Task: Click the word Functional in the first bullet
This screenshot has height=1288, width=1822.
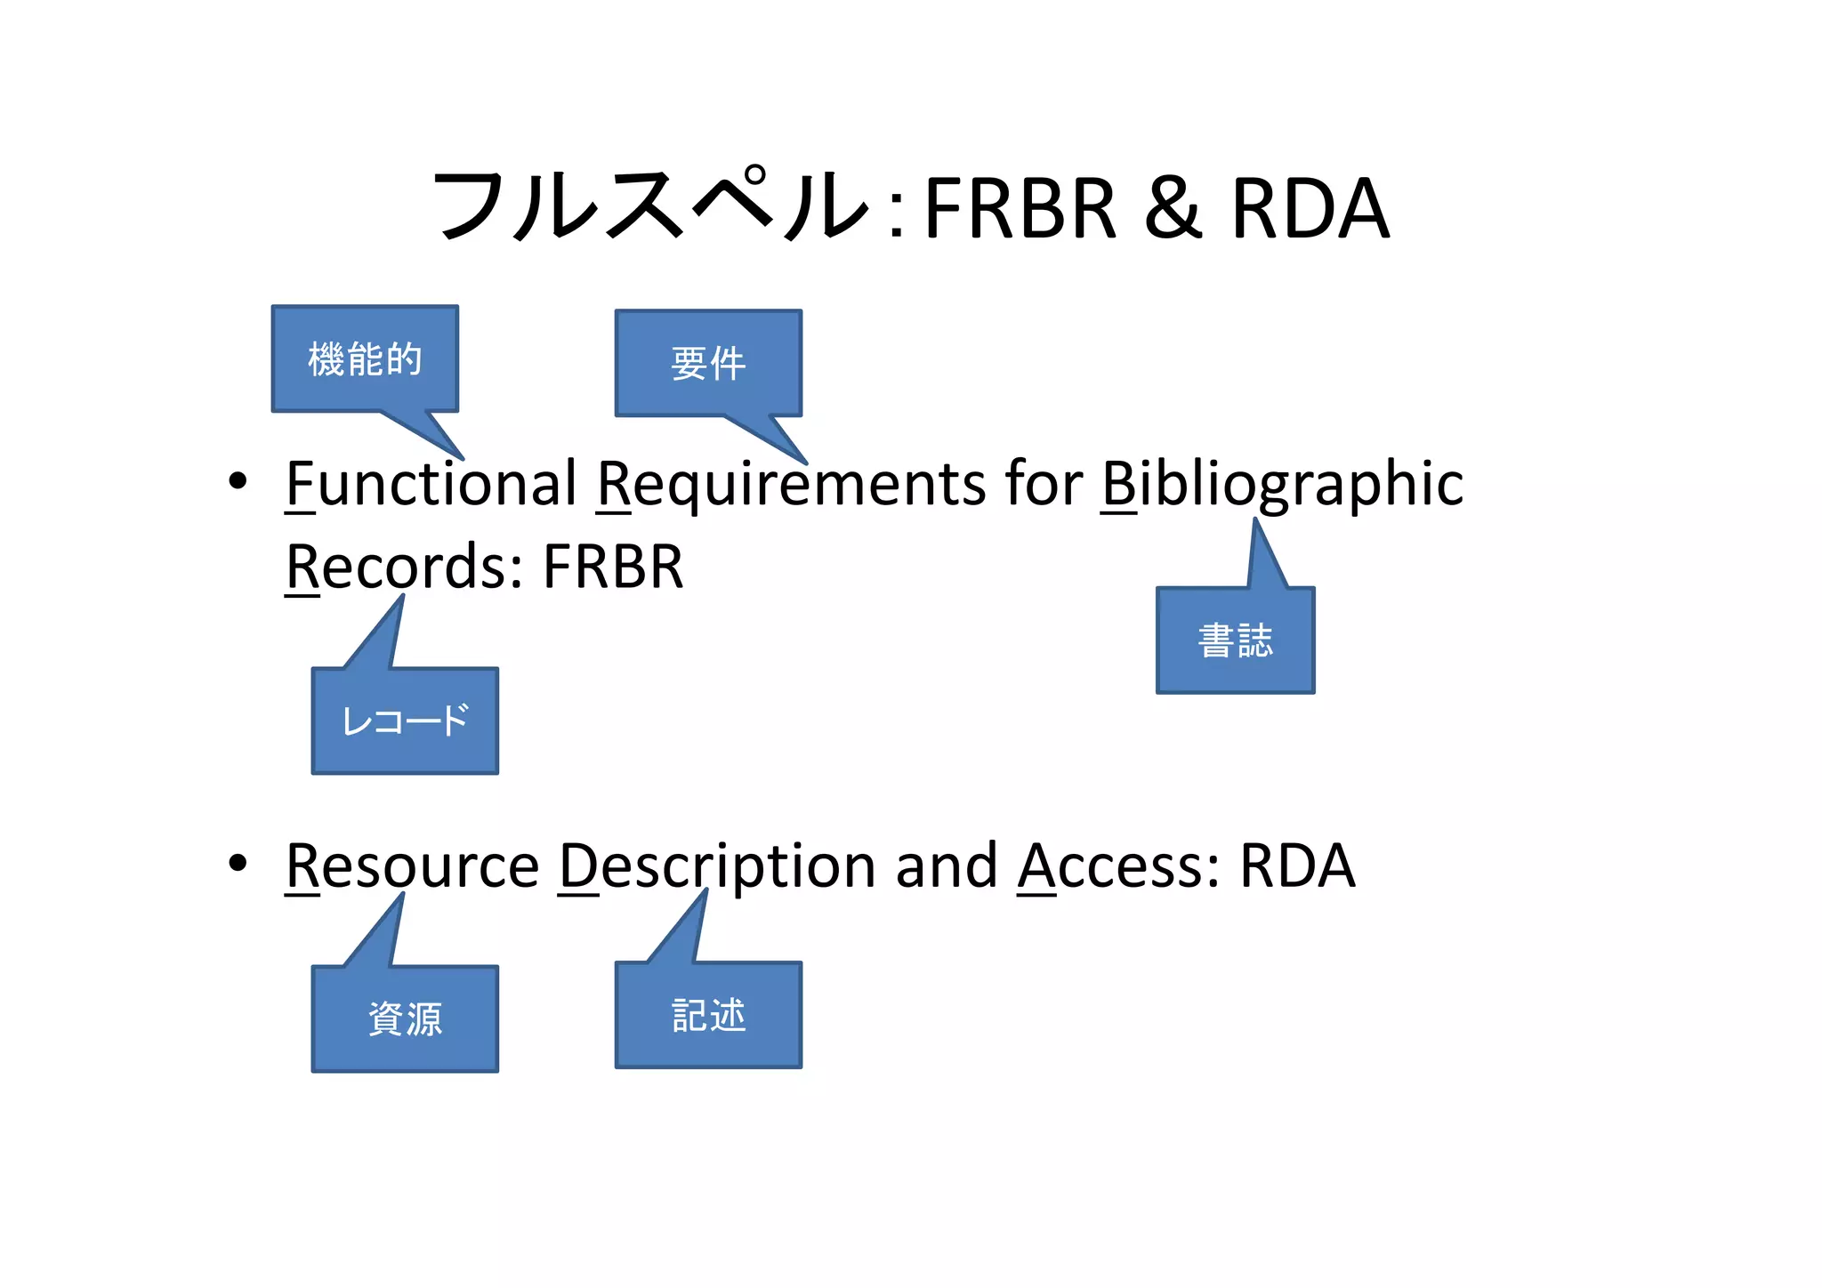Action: pos(431,484)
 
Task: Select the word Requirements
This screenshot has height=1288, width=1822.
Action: pos(791,484)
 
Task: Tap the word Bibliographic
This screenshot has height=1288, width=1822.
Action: pos(1282,486)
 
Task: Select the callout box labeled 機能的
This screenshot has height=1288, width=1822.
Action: pos(365,359)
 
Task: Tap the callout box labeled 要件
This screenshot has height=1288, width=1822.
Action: pos(708,364)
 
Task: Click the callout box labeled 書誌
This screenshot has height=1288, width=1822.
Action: pos(1235,640)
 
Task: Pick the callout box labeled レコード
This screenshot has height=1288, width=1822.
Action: pos(405,720)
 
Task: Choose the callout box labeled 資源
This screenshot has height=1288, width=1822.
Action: pos(405,1018)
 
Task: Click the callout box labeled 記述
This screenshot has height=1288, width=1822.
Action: pos(708,1015)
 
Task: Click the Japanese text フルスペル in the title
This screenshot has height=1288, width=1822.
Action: pos(649,206)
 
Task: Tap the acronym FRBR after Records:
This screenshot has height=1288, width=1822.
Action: pos(613,567)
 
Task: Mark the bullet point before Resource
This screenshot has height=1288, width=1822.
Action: pos(238,863)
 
